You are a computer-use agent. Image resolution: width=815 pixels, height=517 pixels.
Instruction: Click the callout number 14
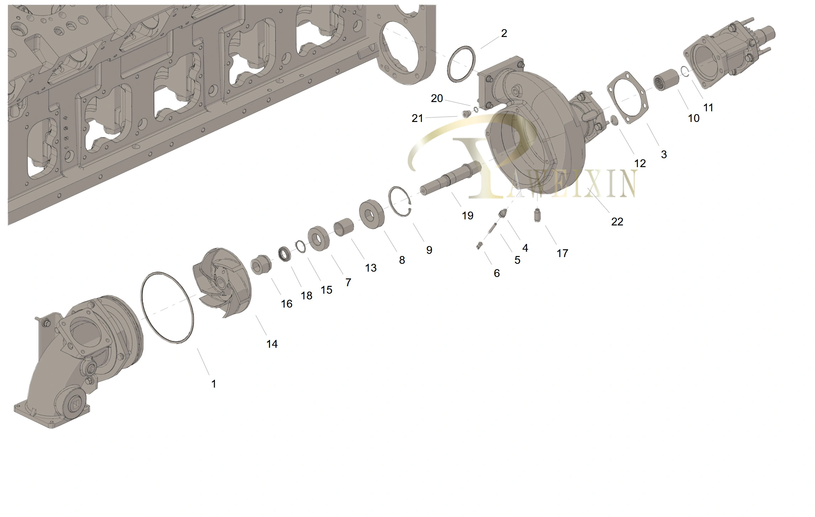[272, 344]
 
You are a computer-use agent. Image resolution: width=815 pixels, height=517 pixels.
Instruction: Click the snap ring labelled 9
[400, 202]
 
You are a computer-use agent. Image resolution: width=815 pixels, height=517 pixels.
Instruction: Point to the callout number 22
[617, 222]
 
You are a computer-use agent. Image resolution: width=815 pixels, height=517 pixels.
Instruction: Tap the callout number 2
[504, 33]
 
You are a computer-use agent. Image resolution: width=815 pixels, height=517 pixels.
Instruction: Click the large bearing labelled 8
[372, 214]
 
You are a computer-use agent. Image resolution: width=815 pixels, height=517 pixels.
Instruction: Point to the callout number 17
[562, 253]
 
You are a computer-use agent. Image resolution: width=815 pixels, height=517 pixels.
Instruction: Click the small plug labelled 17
[537, 216]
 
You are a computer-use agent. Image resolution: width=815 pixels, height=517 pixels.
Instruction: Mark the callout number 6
[497, 273]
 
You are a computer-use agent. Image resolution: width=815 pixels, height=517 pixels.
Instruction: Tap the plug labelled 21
[466, 114]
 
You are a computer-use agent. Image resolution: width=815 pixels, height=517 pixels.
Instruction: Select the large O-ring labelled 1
[167, 308]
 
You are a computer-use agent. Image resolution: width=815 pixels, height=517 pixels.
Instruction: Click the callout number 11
[708, 107]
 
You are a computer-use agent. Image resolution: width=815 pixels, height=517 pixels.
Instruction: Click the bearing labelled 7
[318, 238]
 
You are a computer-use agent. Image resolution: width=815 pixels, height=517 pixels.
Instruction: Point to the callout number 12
[640, 163]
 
